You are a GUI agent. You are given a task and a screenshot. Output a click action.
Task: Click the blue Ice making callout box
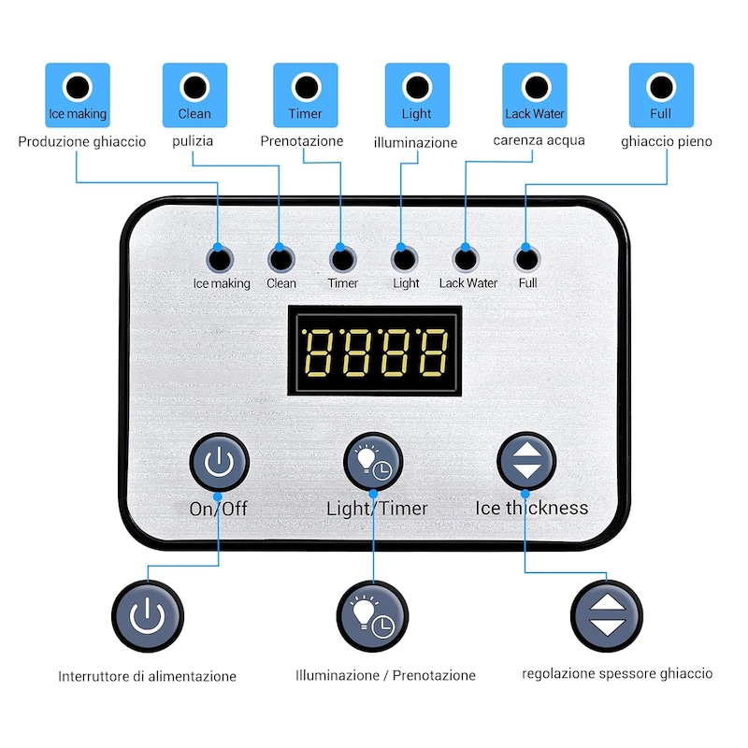coord(78,95)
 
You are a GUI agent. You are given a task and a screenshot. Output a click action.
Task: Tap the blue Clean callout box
coord(194,95)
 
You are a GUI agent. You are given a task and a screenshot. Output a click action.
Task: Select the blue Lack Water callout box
coord(535,95)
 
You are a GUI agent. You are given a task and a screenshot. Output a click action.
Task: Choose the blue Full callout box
coord(661,95)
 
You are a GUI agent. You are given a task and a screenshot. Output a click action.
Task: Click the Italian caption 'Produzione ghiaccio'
coord(82,142)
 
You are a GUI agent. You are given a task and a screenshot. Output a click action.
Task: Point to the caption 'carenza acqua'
coord(539,140)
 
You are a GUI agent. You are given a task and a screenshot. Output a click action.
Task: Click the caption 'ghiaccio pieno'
coord(667,141)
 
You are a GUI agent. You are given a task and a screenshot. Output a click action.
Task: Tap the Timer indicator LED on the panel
coord(342,260)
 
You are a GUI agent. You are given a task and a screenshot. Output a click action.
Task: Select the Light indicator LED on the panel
coord(404,260)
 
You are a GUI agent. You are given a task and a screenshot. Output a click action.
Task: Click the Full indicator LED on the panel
coord(527,260)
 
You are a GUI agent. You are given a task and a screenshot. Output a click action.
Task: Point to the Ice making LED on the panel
coord(220,260)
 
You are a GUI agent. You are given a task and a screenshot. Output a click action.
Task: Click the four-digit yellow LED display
coord(375,352)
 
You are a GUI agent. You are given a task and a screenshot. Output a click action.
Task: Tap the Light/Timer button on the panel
coord(373,462)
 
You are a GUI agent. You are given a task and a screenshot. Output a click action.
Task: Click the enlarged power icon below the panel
coord(148,616)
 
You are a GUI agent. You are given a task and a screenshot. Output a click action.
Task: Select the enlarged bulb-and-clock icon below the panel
coord(372,616)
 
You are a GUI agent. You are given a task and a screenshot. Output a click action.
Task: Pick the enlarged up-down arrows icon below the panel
coord(606,616)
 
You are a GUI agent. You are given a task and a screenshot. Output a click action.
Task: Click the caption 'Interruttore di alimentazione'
coord(148,676)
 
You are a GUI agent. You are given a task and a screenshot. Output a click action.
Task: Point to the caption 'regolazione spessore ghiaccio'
coord(617,673)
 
